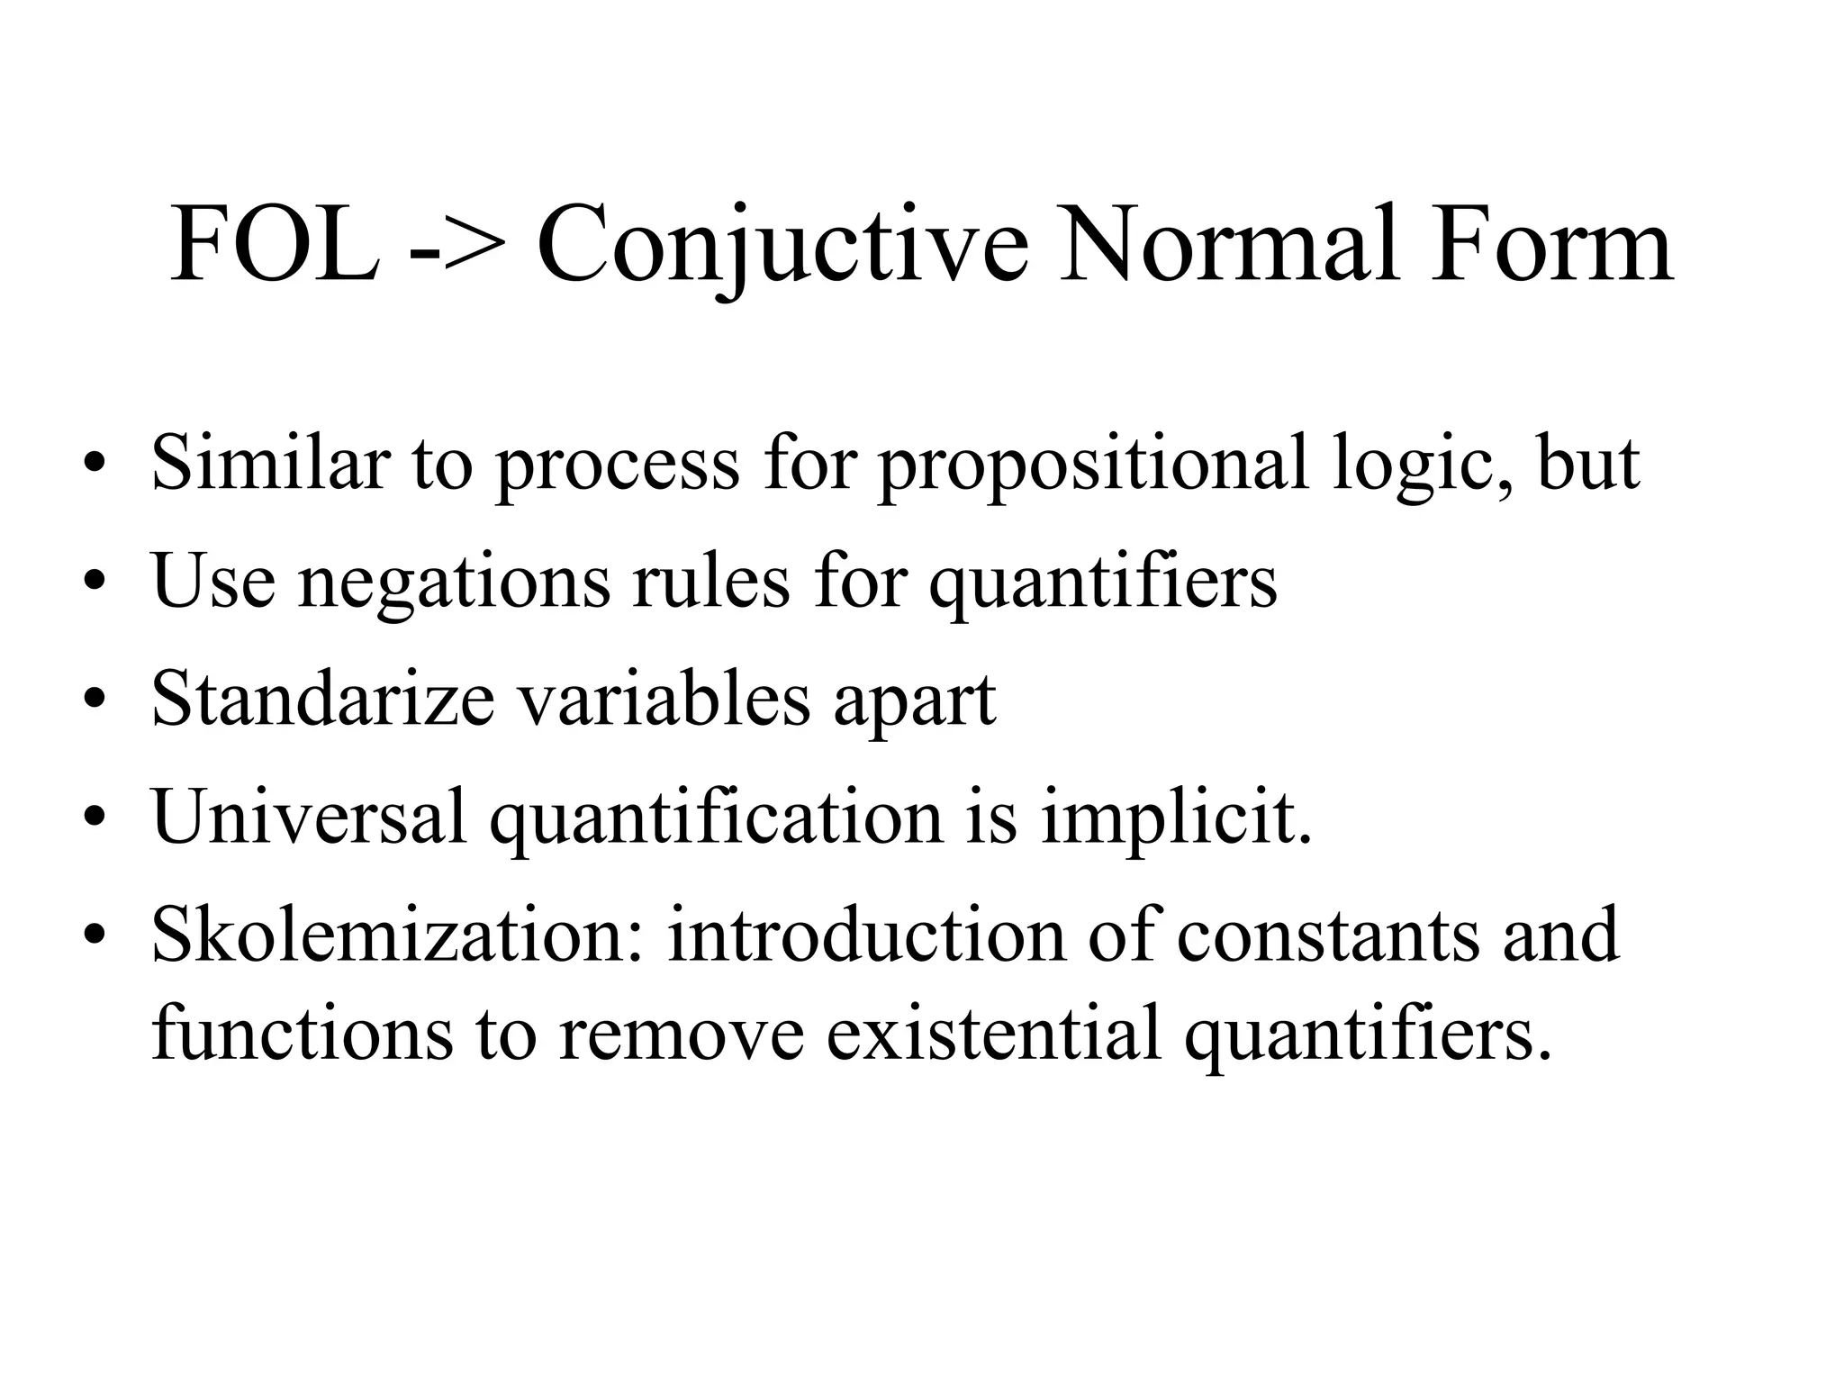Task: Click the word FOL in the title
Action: pos(274,245)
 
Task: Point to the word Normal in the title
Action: pos(1229,245)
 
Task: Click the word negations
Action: pos(454,582)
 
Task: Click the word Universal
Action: pos(310,816)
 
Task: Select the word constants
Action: pos(1328,936)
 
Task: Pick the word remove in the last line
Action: pos(680,1035)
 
